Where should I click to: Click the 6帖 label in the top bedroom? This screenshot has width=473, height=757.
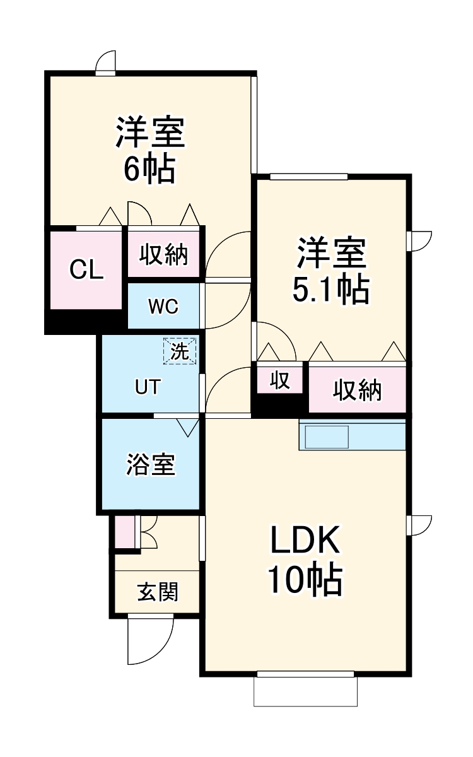coord(150,169)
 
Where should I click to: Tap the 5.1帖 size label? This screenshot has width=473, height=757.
coord(330,290)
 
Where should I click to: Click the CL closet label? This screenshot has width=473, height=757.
coord(86,270)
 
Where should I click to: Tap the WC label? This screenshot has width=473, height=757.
coord(163,307)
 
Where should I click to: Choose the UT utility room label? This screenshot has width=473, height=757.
coord(148,387)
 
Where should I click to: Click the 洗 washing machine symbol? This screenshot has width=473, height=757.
coord(180,351)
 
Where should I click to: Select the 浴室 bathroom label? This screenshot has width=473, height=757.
coord(151,464)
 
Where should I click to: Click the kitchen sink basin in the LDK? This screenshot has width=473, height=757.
coord(327,437)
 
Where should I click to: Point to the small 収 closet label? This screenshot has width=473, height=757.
coord(280,380)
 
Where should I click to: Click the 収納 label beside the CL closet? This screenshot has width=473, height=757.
coord(163,254)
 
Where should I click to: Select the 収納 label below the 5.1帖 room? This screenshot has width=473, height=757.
coord(358,390)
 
